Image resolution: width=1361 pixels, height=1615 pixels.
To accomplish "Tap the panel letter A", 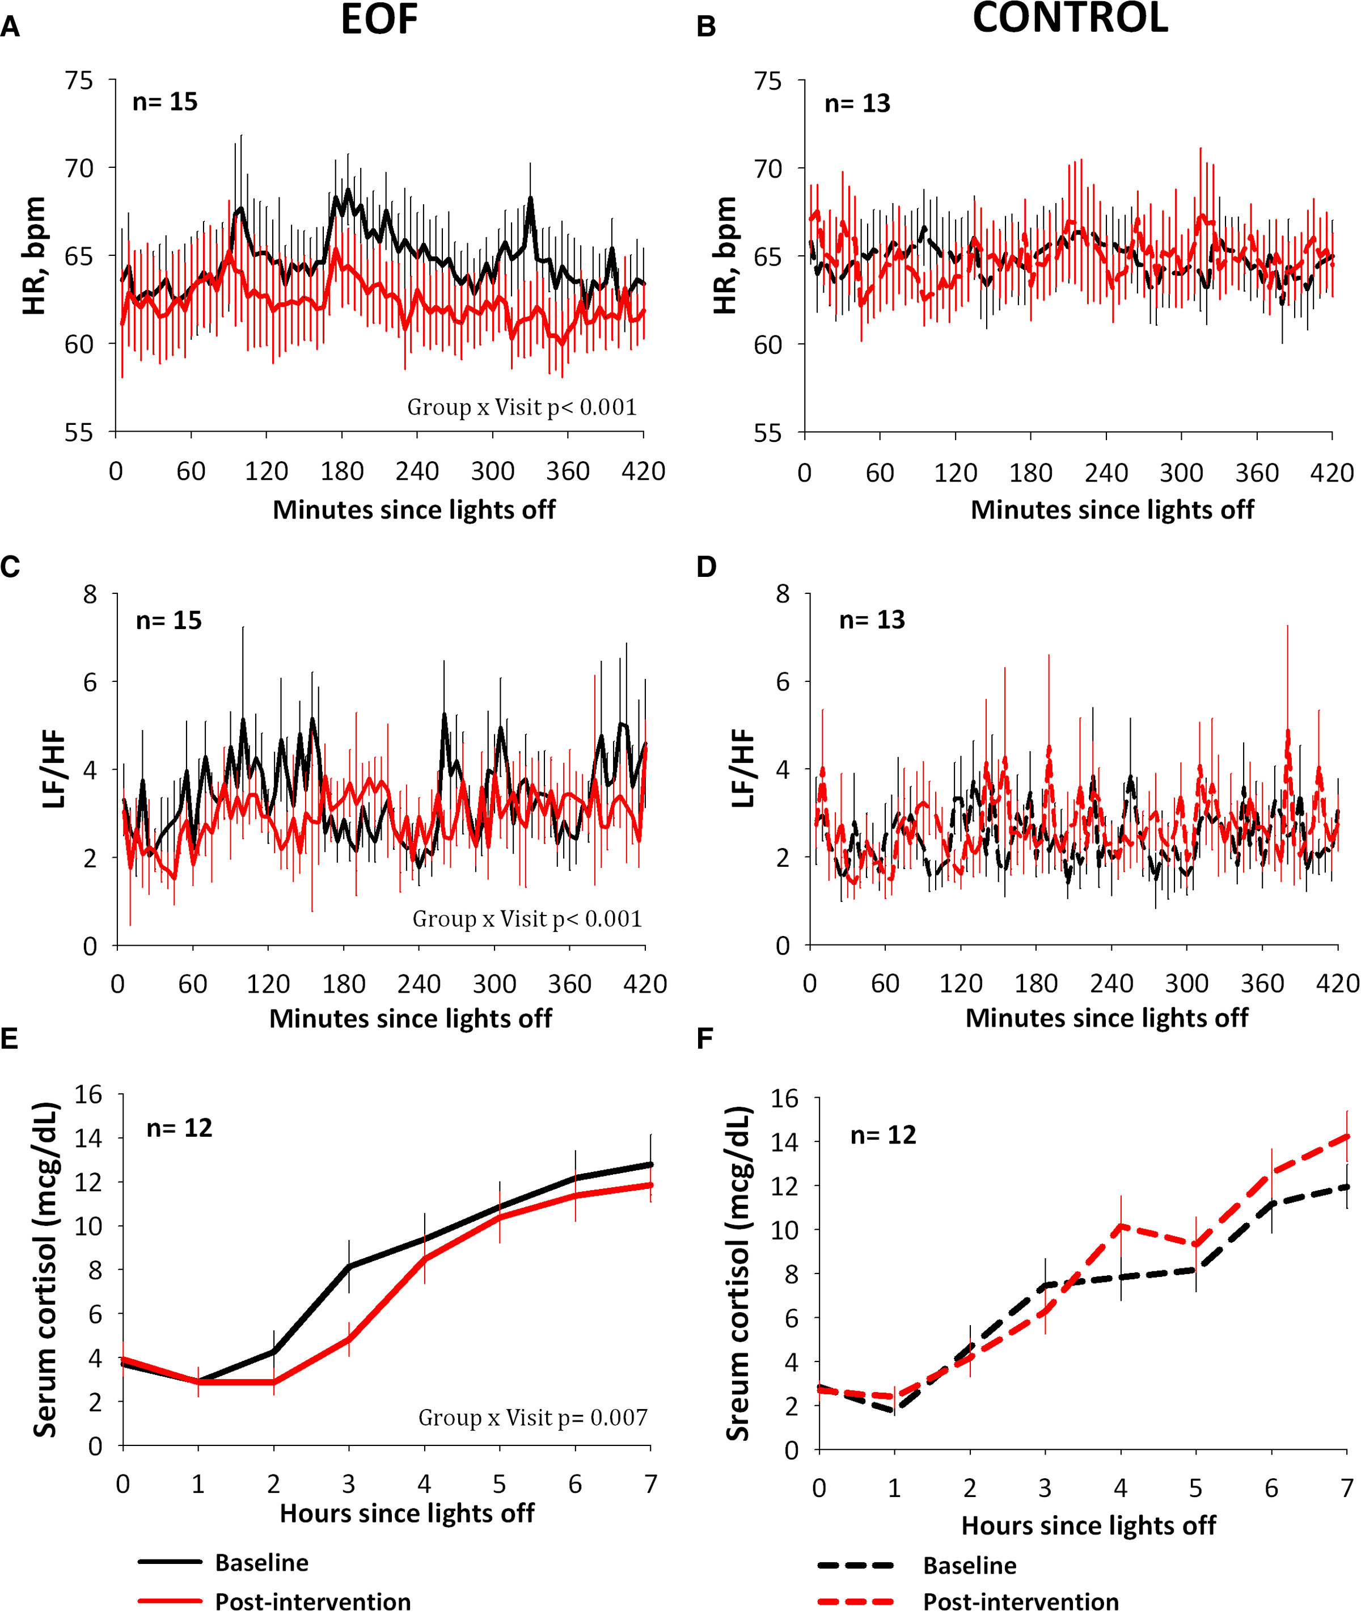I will click(x=10, y=28).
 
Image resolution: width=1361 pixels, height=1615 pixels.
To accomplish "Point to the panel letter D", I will click(x=706, y=567).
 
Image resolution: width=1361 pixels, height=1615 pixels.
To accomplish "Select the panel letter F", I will click(x=704, y=1039).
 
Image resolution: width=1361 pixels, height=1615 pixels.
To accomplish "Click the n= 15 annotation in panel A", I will click(x=165, y=102).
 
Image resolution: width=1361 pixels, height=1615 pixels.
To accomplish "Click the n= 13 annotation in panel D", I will click(x=872, y=619).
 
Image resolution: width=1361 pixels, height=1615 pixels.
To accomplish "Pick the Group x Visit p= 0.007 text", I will click(x=532, y=1418).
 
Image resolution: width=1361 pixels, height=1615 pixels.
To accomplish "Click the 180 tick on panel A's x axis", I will click(x=342, y=471).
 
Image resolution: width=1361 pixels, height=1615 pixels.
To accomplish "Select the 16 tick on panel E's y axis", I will click(x=88, y=1094).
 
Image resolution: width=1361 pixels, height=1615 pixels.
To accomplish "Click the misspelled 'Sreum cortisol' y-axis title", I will click(x=738, y=1273).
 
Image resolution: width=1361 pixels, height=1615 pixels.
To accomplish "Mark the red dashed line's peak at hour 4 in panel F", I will click(x=1121, y=1225).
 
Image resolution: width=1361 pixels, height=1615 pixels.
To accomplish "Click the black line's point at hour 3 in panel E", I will click(x=349, y=1266).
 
